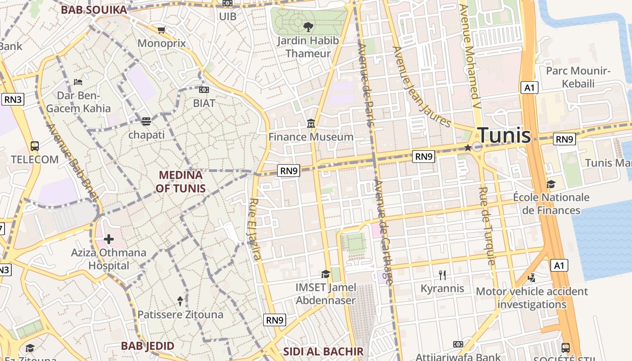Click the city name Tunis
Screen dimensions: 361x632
coord(504,135)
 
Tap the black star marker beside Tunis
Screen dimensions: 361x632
coord(468,148)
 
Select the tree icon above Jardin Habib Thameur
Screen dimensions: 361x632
coord(308,27)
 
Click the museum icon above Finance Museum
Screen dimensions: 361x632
coord(311,123)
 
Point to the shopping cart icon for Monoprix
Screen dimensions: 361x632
coord(161,30)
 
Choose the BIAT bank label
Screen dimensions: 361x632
coord(204,103)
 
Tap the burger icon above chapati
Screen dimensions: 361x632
coord(146,121)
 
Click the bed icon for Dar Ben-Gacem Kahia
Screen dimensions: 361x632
coord(78,82)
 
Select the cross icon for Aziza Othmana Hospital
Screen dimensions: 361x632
coord(108,239)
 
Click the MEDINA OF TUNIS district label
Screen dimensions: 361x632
coord(181,181)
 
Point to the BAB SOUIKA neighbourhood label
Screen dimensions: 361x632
coord(94,9)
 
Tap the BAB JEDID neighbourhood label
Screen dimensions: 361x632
coord(147,346)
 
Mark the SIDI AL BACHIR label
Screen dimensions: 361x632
coord(323,352)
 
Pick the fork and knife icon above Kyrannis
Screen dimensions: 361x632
coord(442,275)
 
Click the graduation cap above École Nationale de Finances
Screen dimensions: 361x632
coord(551,184)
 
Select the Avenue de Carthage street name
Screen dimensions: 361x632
coord(384,231)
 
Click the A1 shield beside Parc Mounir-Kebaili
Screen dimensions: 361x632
coord(529,88)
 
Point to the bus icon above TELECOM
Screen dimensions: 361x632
coord(35,146)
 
